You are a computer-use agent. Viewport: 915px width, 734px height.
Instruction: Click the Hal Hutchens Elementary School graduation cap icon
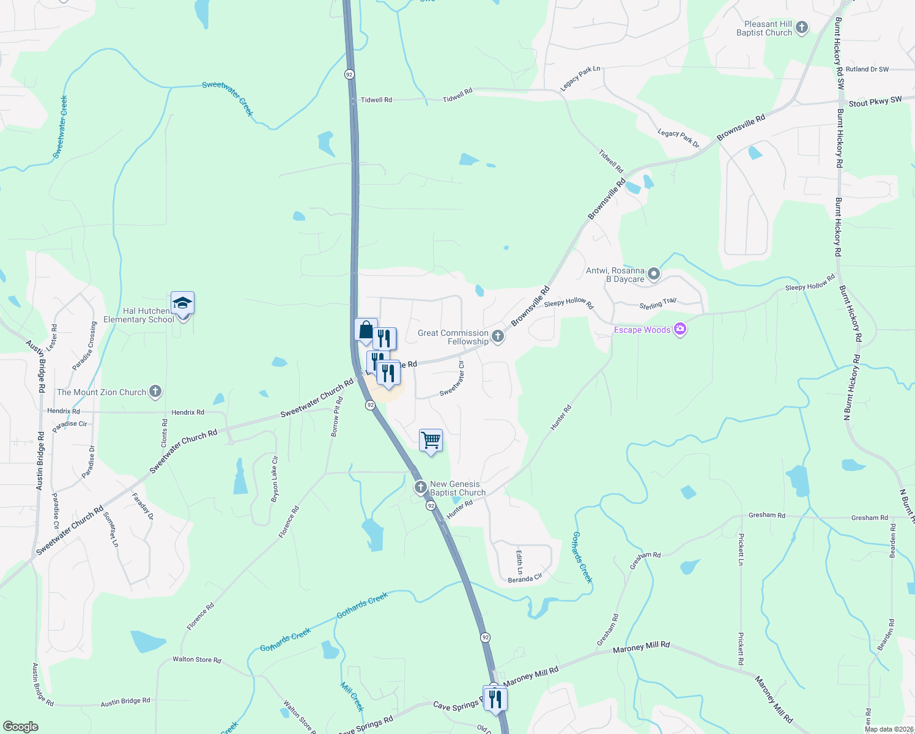pos(182,303)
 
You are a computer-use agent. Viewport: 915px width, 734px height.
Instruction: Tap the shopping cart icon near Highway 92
pos(431,440)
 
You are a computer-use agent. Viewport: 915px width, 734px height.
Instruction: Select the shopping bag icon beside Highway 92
pos(366,330)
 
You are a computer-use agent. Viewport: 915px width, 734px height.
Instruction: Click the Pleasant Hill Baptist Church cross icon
pos(802,28)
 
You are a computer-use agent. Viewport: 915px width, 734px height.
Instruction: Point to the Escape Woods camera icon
pos(680,330)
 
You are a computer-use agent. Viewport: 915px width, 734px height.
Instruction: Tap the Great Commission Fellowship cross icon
pos(498,336)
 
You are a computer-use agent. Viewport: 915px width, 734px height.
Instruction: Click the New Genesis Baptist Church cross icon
pos(420,487)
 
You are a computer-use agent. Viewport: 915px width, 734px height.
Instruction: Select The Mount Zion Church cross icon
pos(155,391)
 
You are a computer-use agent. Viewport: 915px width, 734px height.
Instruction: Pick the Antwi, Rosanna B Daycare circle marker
pos(654,274)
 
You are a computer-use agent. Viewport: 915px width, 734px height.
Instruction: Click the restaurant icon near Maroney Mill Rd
pos(495,698)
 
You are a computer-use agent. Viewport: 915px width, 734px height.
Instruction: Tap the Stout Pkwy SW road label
pos(875,102)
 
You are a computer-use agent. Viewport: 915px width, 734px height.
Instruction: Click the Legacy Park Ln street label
pos(580,79)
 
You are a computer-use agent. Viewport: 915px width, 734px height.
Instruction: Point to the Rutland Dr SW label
pos(867,69)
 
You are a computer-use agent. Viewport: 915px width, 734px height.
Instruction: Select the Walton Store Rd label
pos(196,659)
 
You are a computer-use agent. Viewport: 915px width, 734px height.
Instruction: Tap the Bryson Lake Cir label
pos(275,480)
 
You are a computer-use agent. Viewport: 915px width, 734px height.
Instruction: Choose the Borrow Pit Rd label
pos(336,417)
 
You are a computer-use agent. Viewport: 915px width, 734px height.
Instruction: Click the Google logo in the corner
pos(21,726)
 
